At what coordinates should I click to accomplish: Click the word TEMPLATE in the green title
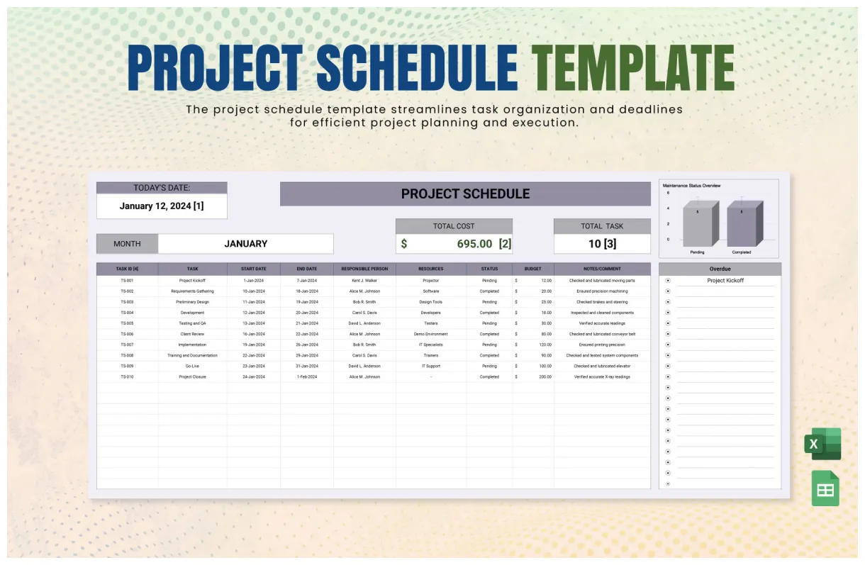click(x=632, y=68)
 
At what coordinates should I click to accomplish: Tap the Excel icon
click(x=822, y=444)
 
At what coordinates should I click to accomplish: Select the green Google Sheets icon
click(x=825, y=489)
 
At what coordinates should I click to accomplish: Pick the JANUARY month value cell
click(x=245, y=244)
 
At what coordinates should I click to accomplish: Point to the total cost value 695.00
click(x=474, y=244)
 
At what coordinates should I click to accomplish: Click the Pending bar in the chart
click(x=698, y=223)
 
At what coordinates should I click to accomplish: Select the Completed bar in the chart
click(x=742, y=223)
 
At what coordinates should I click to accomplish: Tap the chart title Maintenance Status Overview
click(x=691, y=186)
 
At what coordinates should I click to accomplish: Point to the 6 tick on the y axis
click(x=667, y=193)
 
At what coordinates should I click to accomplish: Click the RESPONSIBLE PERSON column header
click(x=364, y=269)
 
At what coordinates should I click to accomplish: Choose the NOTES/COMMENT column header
click(x=602, y=269)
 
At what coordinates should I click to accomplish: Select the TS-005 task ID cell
click(x=127, y=323)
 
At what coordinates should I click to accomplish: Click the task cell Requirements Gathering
click(x=192, y=291)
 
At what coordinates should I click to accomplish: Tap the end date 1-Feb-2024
click(x=306, y=377)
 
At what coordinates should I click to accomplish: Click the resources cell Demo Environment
click(x=430, y=334)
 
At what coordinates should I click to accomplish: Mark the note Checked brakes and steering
click(x=602, y=302)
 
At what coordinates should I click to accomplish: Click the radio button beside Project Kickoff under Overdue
click(x=668, y=281)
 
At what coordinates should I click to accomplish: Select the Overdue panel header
click(x=720, y=269)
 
